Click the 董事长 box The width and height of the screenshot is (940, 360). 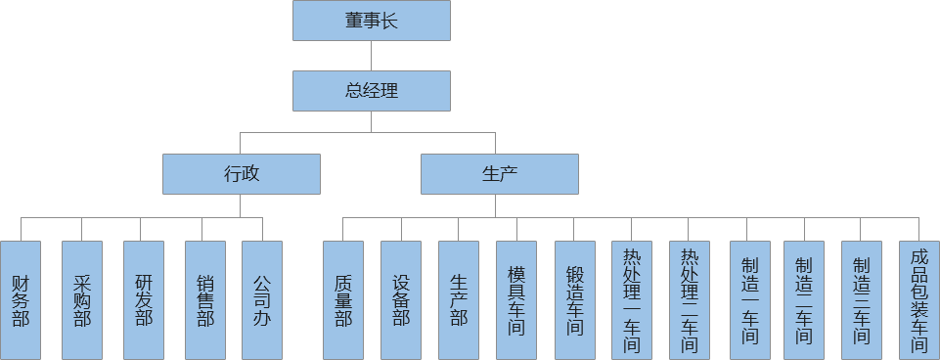click(x=372, y=21)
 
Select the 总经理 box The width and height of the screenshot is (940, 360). click(x=372, y=91)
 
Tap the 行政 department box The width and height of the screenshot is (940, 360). click(x=242, y=174)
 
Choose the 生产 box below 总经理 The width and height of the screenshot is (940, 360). click(x=500, y=174)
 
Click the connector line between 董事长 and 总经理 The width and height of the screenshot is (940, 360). click(x=372, y=55)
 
